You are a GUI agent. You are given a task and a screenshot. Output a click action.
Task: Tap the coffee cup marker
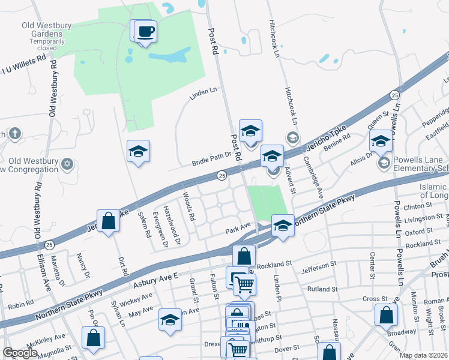145,31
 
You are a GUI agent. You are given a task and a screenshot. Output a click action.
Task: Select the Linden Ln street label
202,92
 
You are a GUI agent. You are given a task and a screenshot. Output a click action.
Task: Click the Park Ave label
238,227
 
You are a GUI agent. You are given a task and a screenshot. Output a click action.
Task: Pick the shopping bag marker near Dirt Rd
108,221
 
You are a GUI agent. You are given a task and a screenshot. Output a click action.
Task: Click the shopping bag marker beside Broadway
386,314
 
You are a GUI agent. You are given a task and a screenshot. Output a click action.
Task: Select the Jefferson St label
328,266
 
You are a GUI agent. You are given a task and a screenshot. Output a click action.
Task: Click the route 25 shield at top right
394,95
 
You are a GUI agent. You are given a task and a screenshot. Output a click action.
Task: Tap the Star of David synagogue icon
67,164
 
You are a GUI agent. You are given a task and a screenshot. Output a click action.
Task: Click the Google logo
20,353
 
